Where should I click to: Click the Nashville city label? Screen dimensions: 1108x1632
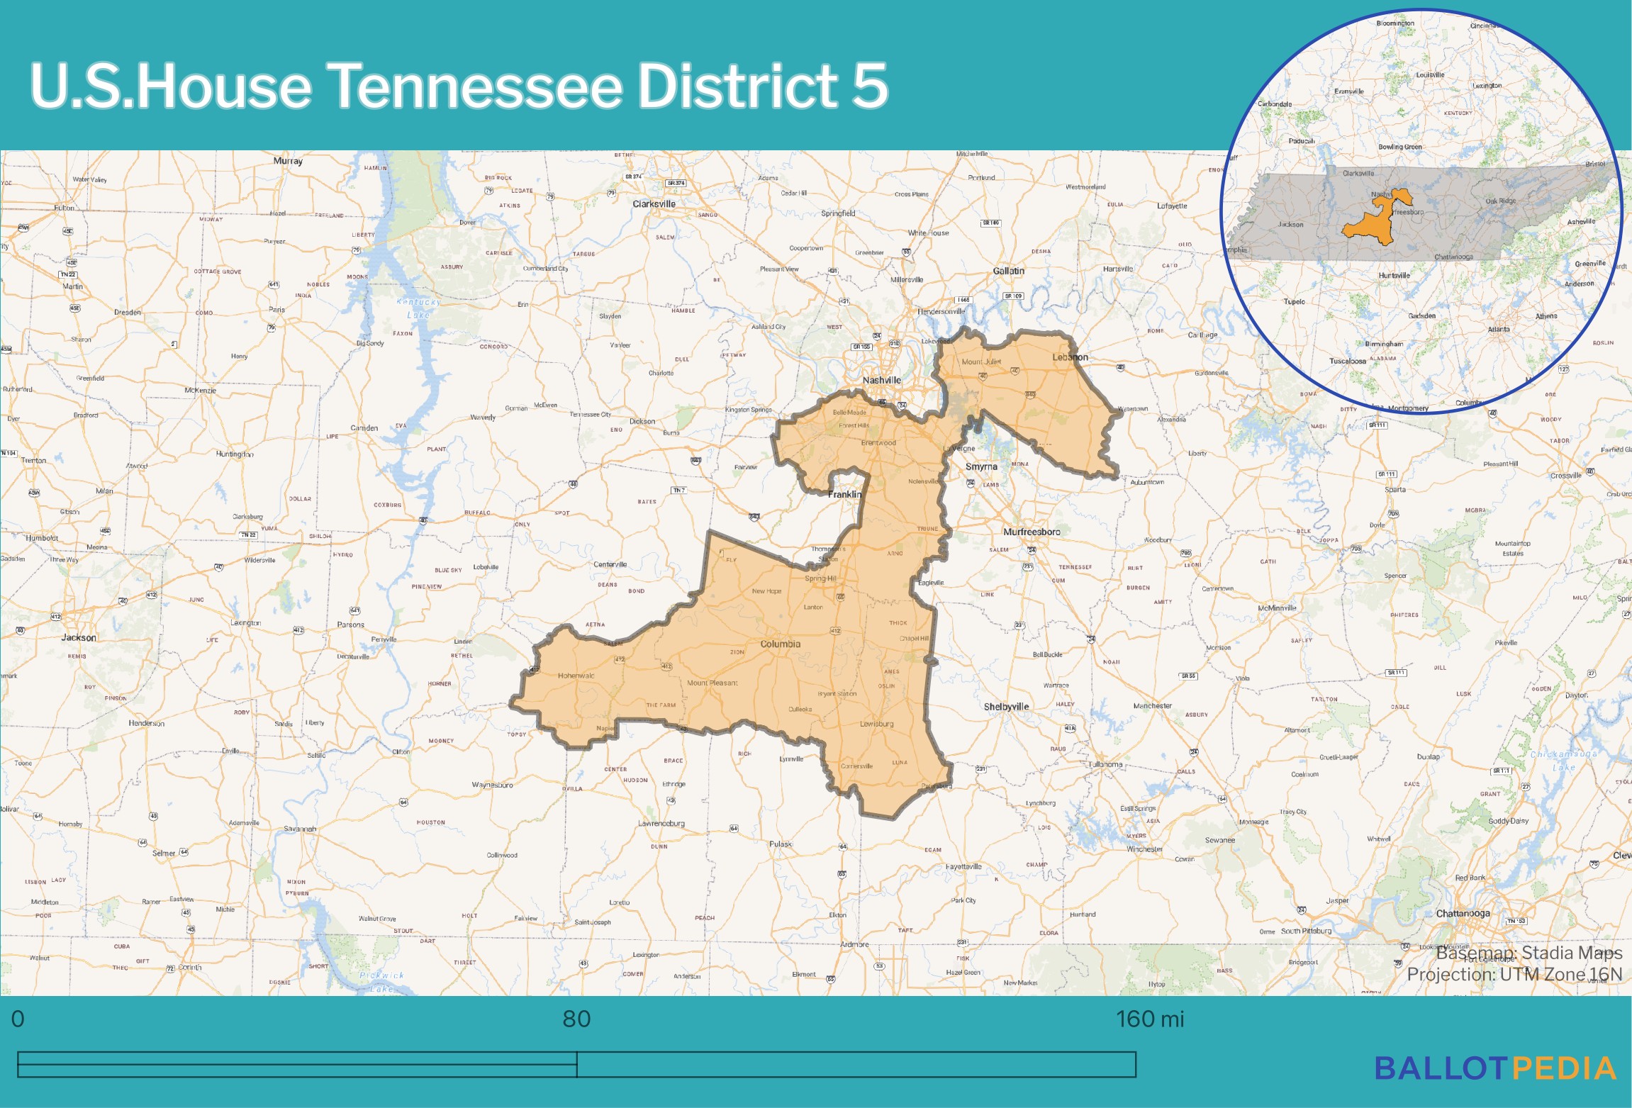(x=881, y=380)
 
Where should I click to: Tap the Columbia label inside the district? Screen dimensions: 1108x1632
(x=780, y=644)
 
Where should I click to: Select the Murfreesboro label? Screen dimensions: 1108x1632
(x=1032, y=532)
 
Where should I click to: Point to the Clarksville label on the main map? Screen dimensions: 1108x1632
(x=654, y=204)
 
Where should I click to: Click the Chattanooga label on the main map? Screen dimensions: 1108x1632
(x=1463, y=913)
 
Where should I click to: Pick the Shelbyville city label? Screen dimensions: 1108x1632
(x=1006, y=707)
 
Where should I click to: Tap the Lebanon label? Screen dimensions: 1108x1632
(x=1070, y=357)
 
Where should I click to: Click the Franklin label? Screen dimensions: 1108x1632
(x=844, y=494)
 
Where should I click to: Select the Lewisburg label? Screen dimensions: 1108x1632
(x=876, y=724)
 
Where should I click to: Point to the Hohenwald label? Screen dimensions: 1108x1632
(x=576, y=676)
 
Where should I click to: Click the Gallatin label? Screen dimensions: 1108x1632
(x=1008, y=271)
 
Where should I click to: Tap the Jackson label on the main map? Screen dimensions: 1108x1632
(x=78, y=637)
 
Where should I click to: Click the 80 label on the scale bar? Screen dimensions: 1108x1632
(x=576, y=1019)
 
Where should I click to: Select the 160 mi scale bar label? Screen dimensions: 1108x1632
(x=1149, y=1019)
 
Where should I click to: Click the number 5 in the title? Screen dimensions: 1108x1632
(x=869, y=85)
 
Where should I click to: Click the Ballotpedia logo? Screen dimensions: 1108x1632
(x=1495, y=1068)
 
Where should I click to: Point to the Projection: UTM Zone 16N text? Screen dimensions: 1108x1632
(x=1514, y=975)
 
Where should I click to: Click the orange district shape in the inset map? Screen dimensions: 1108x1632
(x=1368, y=226)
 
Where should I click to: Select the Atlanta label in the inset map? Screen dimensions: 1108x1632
(x=1499, y=329)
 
